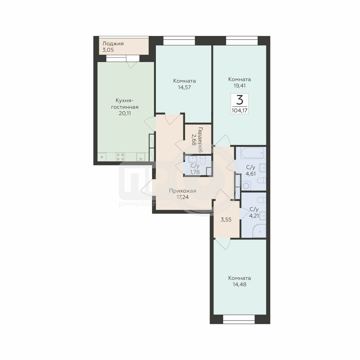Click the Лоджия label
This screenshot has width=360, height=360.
click(113, 43)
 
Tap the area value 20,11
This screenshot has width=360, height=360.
click(125, 113)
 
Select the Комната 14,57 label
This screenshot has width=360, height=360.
click(185, 84)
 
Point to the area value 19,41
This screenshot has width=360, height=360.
click(239, 86)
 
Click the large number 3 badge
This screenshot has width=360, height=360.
click(239, 100)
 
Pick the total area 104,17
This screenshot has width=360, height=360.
click(239, 110)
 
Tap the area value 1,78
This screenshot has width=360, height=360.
click(195, 172)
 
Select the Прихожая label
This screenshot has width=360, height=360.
click(183, 191)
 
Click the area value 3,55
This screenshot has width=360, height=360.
click(226, 220)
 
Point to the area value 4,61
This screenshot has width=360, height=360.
click(250, 174)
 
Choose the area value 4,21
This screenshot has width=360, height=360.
click(254, 216)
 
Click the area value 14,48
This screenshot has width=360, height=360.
click(239, 284)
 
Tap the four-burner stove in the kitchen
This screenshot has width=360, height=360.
click(121, 157)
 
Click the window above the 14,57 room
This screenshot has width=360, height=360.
click(179, 41)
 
